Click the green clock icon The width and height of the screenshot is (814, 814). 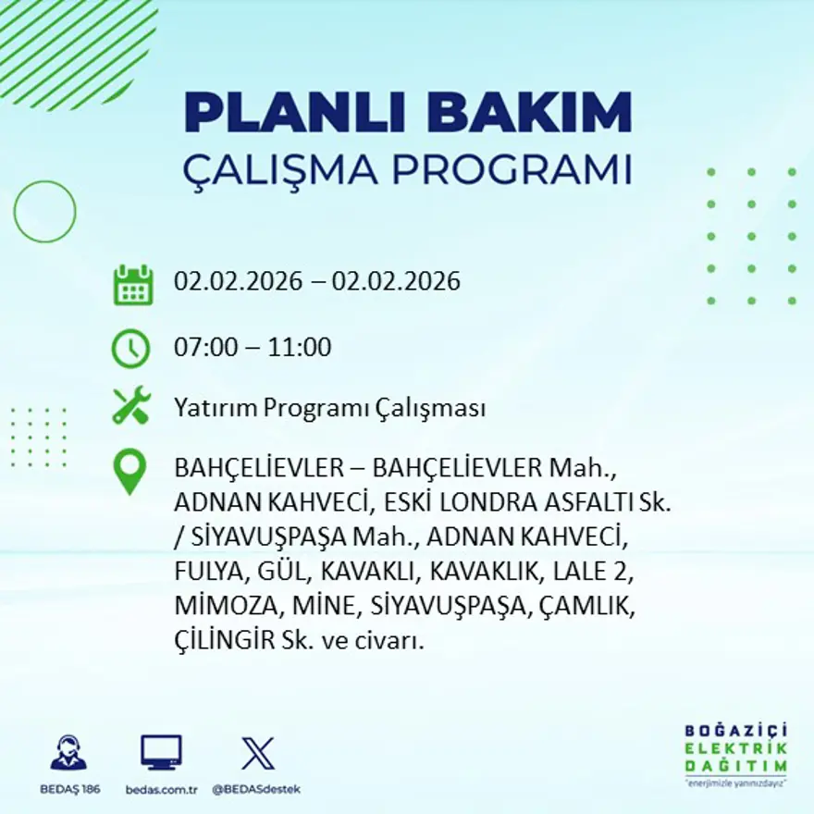pyautogui.click(x=130, y=349)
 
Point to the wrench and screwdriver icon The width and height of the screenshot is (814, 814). pyautogui.click(x=130, y=407)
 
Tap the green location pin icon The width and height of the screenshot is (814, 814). pyautogui.click(x=129, y=471)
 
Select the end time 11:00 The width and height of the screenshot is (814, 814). pyautogui.click(x=300, y=349)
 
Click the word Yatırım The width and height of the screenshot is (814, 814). pyautogui.click(x=212, y=409)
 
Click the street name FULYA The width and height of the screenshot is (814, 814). pyautogui.click(x=205, y=573)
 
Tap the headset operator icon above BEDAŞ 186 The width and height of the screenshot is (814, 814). pyautogui.click(x=68, y=753)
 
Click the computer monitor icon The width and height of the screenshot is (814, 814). pyautogui.click(x=161, y=752)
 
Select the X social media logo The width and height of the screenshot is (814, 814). pyautogui.click(x=257, y=752)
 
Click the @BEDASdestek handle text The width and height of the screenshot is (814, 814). pyautogui.click(x=256, y=789)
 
